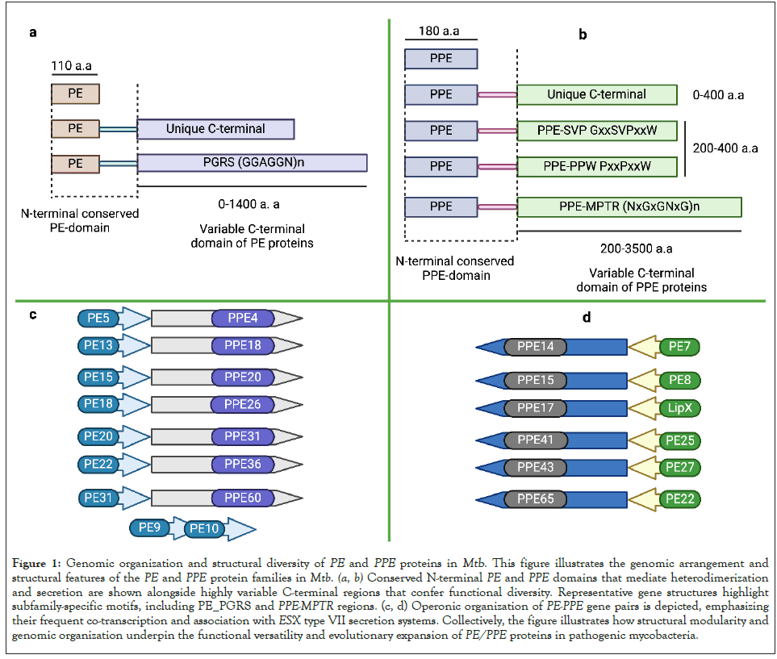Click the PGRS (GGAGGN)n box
[x=252, y=163]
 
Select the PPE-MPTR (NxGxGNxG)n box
[x=629, y=206]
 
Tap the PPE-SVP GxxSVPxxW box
[x=596, y=130]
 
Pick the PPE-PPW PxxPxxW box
[x=596, y=167]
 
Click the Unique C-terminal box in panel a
[x=215, y=128]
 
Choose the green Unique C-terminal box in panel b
[x=596, y=94]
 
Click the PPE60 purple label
[x=243, y=498]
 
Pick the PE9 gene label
[x=150, y=528]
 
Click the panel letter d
[x=586, y=318]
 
